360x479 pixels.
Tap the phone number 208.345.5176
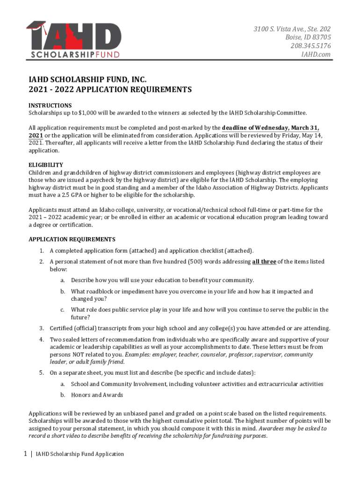point(310,46)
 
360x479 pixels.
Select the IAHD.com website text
point(316,54)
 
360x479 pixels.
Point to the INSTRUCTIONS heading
point(50,105)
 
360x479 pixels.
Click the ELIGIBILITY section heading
point(46,165)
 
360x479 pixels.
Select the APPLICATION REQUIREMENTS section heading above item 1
point(72,239)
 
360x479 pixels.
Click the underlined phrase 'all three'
point(264,262)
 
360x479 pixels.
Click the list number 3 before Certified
point(41,328)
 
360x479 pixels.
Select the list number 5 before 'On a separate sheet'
point(41,373)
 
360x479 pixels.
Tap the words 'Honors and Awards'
point(97,395)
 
